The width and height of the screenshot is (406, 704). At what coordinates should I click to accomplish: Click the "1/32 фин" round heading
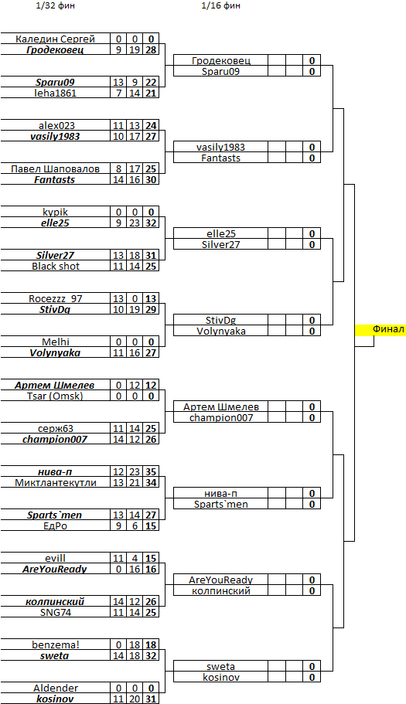tap(55, 6)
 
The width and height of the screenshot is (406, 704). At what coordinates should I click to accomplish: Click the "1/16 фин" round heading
tap(220, 6)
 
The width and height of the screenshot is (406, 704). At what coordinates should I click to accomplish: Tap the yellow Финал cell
tap(380, 330)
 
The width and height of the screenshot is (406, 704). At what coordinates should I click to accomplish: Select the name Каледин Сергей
tap(55, 39)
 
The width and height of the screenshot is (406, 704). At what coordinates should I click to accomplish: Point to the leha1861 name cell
tap(55, 93)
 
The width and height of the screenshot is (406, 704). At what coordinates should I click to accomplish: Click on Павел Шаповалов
tap(55, 168)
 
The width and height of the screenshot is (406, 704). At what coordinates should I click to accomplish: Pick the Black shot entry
tap(55, 267)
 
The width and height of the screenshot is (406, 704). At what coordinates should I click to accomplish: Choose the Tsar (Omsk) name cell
tap(55, 396)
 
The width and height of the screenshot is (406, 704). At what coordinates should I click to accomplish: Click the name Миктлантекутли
tap(55, 483)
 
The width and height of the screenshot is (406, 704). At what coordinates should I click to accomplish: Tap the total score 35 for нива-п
tap(152, 472)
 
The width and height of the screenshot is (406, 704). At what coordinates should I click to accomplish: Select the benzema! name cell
tap(55, 644)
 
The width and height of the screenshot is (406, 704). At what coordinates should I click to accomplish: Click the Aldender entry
tap(55, 688)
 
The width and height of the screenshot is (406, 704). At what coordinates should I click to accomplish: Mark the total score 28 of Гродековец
tap(152, 49)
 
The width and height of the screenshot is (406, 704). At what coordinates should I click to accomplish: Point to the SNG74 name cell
tap(55, 612)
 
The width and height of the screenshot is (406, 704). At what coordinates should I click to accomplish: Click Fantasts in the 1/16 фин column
tap(220, 158)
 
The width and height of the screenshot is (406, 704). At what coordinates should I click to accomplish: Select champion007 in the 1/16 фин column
tap(220, 417)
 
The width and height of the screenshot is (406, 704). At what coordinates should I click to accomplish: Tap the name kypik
tap(55, 212)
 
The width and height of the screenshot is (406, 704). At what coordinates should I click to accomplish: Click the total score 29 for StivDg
tap(152, 309)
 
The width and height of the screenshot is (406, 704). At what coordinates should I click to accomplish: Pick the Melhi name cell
tap(55, 342)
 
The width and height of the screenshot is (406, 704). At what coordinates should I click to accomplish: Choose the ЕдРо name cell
tap(55, 525)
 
